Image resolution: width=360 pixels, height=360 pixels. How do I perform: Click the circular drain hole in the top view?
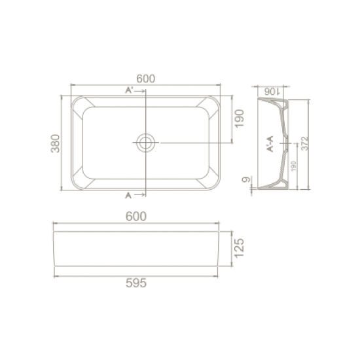(x=145, y=142)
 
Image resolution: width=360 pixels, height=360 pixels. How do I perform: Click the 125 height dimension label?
(x=240, y=249)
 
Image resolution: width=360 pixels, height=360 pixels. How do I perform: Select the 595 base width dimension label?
(x=135, y=283)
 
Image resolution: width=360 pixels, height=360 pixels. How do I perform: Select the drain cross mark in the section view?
(x=286, y=143)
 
